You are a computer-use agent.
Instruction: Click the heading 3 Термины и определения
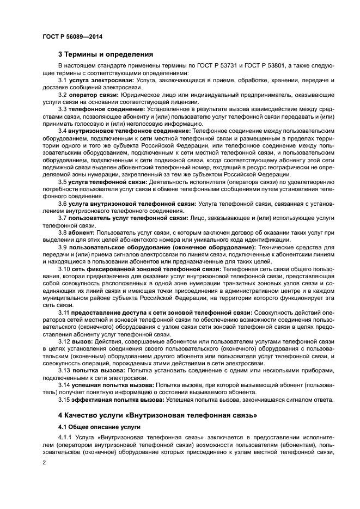tap(106, 54)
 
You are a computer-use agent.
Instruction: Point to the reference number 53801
tap(273, 65)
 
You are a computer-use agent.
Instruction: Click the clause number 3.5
tap(63, 181)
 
